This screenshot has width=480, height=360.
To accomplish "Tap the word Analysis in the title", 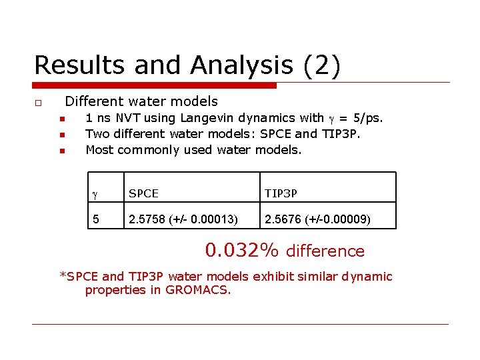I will pos(241,65).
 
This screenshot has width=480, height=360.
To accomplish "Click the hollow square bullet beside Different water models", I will pos(39,103).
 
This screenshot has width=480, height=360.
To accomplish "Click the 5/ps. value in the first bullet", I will pos(365,118).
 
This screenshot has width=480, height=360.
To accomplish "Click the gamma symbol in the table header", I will pos(95,193).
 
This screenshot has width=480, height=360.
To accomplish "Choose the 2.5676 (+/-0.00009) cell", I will pos(318,219).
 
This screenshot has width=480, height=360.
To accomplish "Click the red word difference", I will pos(325,251).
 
